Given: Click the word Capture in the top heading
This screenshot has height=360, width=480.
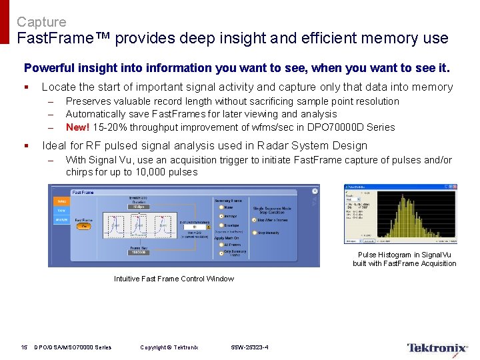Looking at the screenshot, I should tap(41, 22).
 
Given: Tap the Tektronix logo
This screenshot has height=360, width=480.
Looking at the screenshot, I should tap(437, 348).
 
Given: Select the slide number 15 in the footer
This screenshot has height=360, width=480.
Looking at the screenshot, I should tap(24, 347).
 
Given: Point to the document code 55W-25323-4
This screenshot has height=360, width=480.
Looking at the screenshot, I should tap(249, 347).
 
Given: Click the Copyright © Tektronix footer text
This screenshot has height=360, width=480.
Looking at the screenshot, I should tap(169, 347).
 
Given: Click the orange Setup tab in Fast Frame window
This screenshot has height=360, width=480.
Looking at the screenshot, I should tap(61, 201).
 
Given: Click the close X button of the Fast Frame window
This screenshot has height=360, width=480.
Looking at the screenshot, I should tap(314, 191).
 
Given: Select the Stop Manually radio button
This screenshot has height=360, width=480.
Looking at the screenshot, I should tap(254, 233).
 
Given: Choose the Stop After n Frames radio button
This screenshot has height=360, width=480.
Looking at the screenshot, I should tap(254, 220).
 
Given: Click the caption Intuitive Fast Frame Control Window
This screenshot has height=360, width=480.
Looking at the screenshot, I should tap(174, 279).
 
